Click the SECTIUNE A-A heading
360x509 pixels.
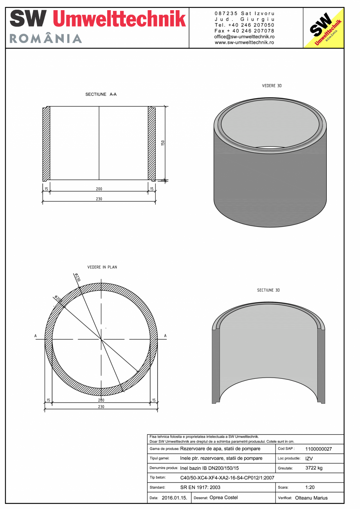tap(101, 95)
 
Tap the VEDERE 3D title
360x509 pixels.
tap(272, 85)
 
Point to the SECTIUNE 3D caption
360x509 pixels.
tap(268, 290)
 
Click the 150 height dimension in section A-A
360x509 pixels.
tap(162, 143)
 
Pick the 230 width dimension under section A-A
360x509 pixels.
tap(99, 199)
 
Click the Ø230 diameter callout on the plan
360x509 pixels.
tap(77, 278)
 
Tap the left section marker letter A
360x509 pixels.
tap(36, 336)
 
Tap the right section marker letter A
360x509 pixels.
tap(165, 336)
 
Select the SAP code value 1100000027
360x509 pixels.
tap(318, 449)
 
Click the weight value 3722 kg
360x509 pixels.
tap(314, 468)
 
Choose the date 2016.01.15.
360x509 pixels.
tap(174, 498)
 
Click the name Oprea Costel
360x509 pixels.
tap(223, 498)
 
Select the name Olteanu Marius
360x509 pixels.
tap(311, 498)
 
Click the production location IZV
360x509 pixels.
tap(309, 459)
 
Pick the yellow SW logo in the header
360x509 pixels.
tap(323, 28)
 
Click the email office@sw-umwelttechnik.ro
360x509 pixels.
tap(244, 36)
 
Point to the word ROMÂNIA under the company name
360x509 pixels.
tap(45, 38)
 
